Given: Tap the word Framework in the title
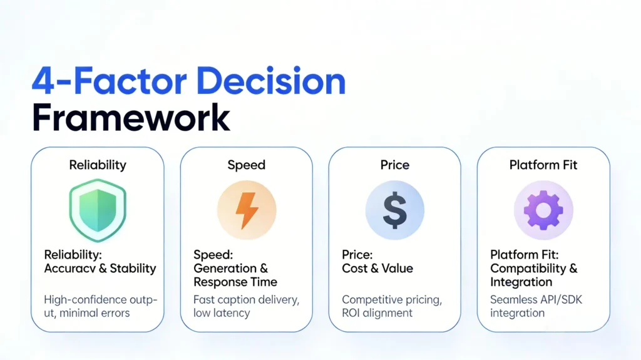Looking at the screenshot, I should coord(131,117).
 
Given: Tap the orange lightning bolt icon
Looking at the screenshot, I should coord(247,210).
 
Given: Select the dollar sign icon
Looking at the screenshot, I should coord(394,210).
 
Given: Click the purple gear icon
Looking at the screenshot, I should coord(543,210).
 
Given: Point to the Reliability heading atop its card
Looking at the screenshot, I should coord(98,165).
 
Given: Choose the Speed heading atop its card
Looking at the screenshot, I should coord(247,165).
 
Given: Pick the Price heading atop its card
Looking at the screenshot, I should coord(394,165).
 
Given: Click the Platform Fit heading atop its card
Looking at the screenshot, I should coord(543,165).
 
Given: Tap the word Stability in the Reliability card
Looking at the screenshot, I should coord(133,269).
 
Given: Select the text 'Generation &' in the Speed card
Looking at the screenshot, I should coord(230,269).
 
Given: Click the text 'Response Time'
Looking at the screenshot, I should coord(235,282).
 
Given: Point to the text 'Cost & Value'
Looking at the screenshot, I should coord(377,269).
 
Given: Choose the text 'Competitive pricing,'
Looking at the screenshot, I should coord(392,300).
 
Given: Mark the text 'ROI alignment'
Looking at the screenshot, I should coord(377,313).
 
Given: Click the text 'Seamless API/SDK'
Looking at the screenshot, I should coord(536,300).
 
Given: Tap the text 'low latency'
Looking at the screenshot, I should coord(222,313).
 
